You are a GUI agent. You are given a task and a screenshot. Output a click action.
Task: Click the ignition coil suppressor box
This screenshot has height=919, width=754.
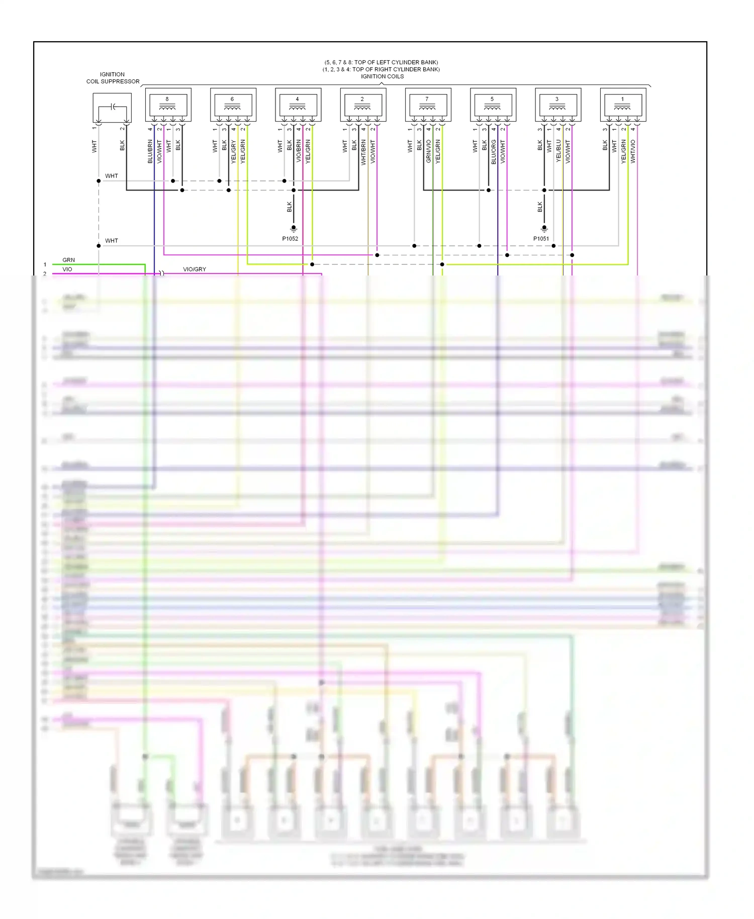click(112, 108)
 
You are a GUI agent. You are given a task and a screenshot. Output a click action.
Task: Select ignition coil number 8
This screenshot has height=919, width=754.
click(168, 105)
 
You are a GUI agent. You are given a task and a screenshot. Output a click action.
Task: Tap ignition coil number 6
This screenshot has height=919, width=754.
click(233, 105)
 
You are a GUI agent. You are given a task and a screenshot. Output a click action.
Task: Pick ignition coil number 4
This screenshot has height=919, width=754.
click(298, 105)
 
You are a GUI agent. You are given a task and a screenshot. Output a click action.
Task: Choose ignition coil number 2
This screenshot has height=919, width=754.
click(363, 105)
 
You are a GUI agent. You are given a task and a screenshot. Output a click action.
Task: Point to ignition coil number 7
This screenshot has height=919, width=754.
click(428, 105)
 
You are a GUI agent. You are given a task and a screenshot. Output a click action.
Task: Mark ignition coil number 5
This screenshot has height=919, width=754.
click(493, 105)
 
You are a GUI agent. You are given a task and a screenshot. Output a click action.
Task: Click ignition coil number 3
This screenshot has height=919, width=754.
click(558, 105)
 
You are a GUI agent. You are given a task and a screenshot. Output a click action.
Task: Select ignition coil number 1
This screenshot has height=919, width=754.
click(623, 105)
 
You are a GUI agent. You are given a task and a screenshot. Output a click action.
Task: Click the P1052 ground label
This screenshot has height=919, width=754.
click(290, 239)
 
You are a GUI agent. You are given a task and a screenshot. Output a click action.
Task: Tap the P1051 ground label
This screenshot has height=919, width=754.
click(541, 239)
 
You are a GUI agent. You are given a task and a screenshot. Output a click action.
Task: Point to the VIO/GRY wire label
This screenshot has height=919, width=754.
click(195, 269)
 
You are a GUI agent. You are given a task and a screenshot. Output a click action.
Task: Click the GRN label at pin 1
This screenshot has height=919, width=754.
click(69, 260)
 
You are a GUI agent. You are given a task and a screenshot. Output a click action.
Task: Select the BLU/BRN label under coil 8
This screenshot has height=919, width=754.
click(150, 152)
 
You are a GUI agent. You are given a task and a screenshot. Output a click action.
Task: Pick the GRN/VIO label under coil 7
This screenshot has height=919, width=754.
click(429, 151)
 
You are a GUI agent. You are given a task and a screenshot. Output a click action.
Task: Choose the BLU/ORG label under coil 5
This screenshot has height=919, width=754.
click(494, 152)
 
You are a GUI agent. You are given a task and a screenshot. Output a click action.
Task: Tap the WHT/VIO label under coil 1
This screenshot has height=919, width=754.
click(633, 151)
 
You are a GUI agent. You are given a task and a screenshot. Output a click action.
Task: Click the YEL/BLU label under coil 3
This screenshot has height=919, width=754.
click(558, 151)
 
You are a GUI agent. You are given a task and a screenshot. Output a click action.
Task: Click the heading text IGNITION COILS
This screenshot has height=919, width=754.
click(382, 76)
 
